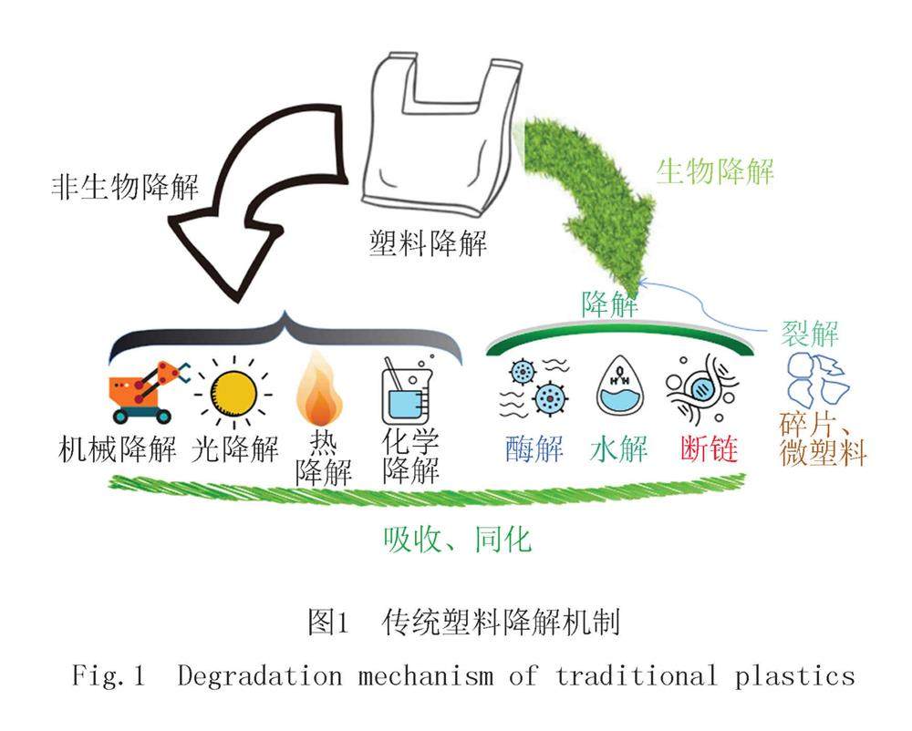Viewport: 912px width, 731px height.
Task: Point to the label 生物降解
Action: (715, 170)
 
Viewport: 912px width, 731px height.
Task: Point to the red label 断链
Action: (708, 448)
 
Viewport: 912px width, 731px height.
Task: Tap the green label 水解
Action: (621, 448)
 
